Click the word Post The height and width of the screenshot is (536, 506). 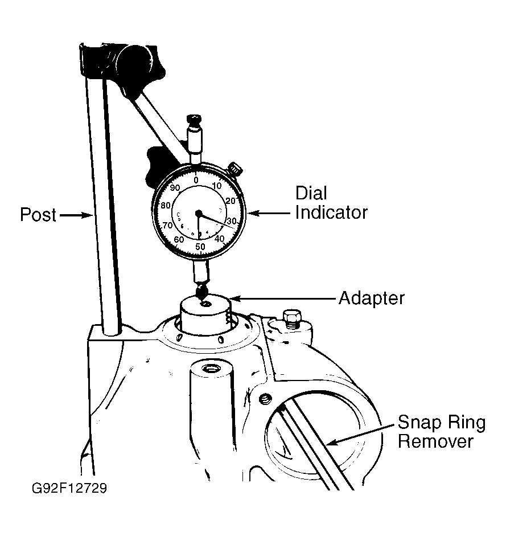pyautogui.click(x=38, y=215)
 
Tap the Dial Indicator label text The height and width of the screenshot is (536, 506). pyautogui.click(x=331, y=203)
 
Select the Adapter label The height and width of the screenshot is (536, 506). pyautogui.click(x=372, y=298)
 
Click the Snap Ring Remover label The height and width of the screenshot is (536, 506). pyautogui.click(x=442, y=432)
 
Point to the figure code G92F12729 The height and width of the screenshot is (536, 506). pyautogui.click(x=69, y=488)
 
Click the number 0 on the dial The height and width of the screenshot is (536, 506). pyautogui.click(x=196, y=180)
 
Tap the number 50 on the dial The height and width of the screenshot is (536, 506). pyautogui.click(x=200, y=247)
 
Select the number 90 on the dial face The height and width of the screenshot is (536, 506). pyautogui.click(x=175, y=187)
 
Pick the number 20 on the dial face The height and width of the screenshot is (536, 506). pyautogui.click(x=231, y=201)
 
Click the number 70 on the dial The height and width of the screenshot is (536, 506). pyautogui.click(x=167, y=225)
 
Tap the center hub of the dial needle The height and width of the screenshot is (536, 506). pyautogui.click(x=199, y=213)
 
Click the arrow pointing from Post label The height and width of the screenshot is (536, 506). pyautogui.click(x=76, y=215)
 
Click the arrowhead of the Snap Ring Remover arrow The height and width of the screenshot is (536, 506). pyautogui.click(x=330, y=443)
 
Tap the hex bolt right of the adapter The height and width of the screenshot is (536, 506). pyautogui.click(x=293, y=319)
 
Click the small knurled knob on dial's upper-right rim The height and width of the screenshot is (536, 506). pyautogui.click(x=235, y=169)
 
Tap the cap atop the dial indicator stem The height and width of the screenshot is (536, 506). pyautogui.click(x=194, y=121)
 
